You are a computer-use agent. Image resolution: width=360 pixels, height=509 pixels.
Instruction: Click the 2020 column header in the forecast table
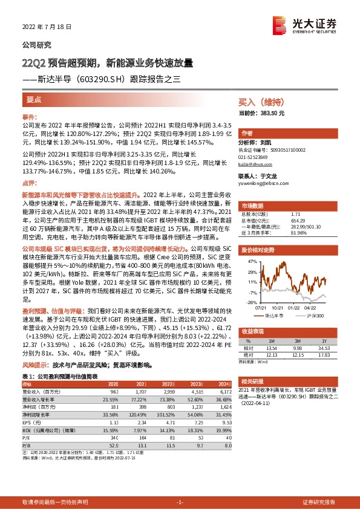(113, 383)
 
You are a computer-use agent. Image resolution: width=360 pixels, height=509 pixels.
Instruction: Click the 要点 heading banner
(34, 100)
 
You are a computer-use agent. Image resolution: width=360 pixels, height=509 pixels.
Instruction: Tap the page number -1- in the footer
(179, 502)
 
